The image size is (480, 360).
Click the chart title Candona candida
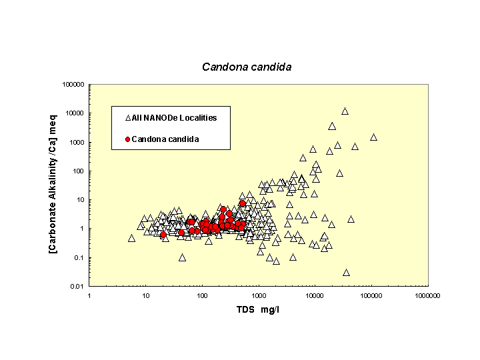point(247,67)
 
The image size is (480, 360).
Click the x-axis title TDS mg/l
point(257,311)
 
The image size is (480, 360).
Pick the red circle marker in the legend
point(127,139)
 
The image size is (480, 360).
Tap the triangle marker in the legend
point(128,118)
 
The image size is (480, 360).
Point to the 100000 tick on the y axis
point(73,85)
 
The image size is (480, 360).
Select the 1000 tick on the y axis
point(77,142)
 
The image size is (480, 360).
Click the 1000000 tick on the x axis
point(427,295)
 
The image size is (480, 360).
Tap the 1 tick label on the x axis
point(89,295)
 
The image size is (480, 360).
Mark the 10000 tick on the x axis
point(315,295)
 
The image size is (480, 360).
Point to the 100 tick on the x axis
point(202,295)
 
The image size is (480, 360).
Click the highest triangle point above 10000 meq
point(345,111)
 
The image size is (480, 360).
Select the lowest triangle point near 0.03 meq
point(346,272)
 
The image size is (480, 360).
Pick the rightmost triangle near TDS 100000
point(373,137)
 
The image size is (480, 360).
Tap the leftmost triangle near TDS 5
point(131,238)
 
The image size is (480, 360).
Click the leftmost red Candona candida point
point(163,235)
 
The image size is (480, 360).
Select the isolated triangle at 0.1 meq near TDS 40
point(182,257)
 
